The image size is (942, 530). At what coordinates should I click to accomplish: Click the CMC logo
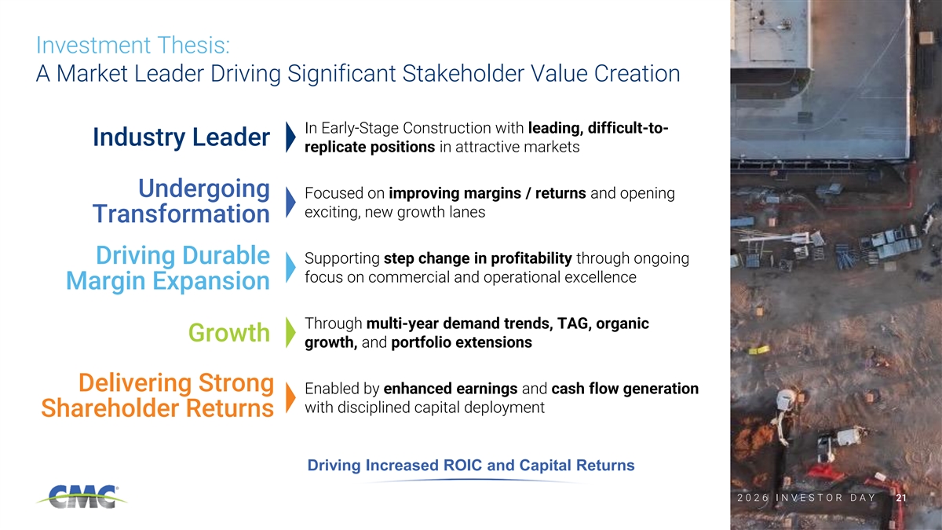82,496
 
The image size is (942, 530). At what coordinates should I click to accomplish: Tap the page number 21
901,498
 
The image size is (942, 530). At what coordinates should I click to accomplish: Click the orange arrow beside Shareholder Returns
290,397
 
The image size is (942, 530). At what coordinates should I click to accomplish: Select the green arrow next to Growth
290,332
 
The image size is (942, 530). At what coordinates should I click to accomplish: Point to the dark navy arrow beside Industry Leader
290,137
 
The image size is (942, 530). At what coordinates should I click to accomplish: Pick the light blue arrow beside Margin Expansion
290,267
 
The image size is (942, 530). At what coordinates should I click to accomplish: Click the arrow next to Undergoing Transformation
290,202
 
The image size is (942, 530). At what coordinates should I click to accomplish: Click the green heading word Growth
228,333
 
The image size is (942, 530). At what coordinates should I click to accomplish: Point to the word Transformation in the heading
181,214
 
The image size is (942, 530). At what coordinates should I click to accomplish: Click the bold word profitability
531,258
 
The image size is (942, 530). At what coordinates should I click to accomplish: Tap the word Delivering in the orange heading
135,383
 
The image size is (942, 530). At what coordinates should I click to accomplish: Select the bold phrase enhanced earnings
451,389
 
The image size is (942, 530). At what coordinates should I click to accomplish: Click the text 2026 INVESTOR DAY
807,498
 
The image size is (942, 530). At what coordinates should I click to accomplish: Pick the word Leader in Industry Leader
231,137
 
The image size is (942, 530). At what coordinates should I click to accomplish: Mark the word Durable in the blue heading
226,255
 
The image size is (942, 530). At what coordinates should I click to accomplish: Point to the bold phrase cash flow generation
625,389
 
